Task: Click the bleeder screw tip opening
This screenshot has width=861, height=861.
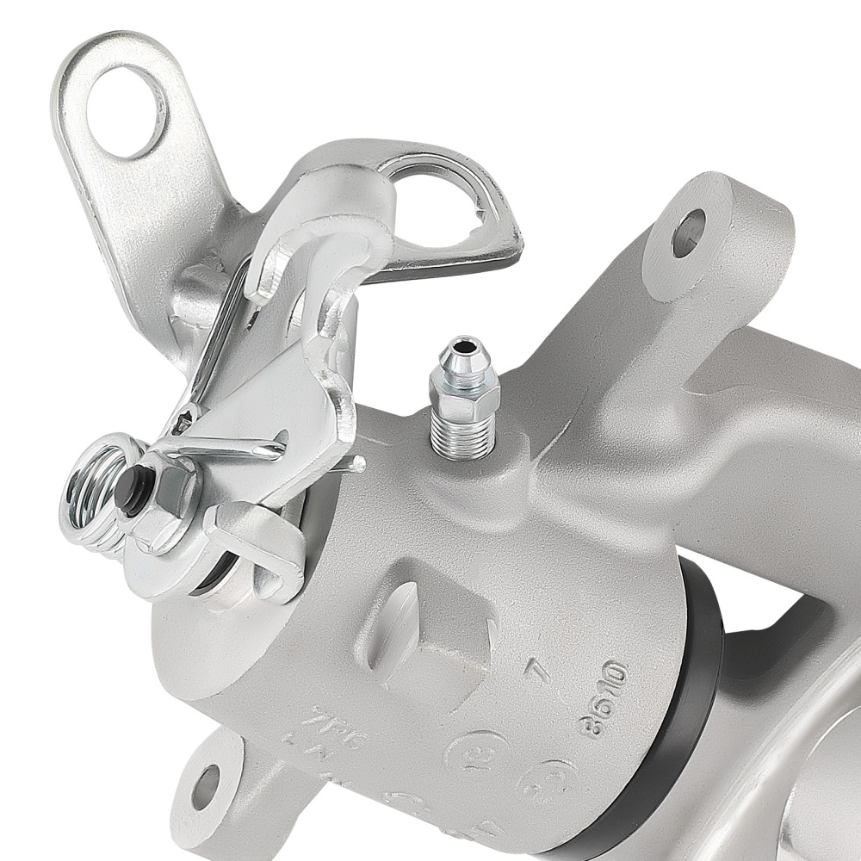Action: pyautogui.click(x=463, y=349)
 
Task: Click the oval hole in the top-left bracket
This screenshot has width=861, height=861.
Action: pyautogui.click(x=127, y=112)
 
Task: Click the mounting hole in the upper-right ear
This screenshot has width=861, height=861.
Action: pyautogui.click(x=688, y=232)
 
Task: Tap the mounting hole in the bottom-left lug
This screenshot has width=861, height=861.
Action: pyautogui.click(x=205, y=786)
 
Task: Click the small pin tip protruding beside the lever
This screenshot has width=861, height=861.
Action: pyautogui.click(x=356, y=465)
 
